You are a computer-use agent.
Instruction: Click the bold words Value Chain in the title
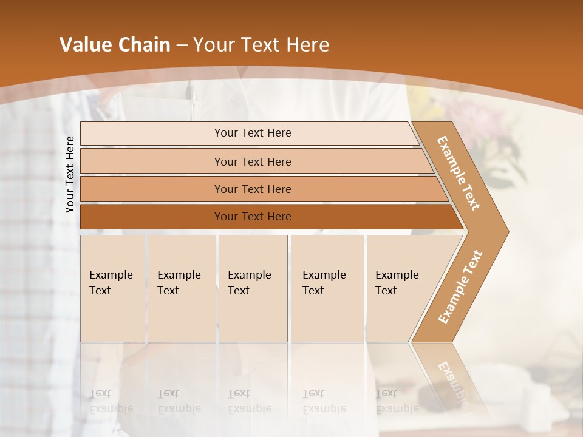click(115, 45)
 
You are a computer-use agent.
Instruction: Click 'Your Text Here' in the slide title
click(261, 45)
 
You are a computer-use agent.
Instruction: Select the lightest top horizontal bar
click(252, 133)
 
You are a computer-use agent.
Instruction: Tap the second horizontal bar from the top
click(252, 161)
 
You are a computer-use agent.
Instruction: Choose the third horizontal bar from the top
click(252, 189)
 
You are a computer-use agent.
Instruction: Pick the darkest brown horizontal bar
click(252, 217)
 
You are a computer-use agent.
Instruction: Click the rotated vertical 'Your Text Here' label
click(70, 174)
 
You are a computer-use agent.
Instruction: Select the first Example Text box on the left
click(112, 288)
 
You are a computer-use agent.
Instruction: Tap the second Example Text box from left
click(181, 288)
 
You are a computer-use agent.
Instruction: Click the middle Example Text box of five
click(253, 288)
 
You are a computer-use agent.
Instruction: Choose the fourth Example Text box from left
click(327, 288)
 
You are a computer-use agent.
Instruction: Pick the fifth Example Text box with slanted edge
click(401, 288)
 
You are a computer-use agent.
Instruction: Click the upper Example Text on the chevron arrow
click(459, 173)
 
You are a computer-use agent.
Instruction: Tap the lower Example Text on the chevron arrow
click(460, 287)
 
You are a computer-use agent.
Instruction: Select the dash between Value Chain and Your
click(182, 46)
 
